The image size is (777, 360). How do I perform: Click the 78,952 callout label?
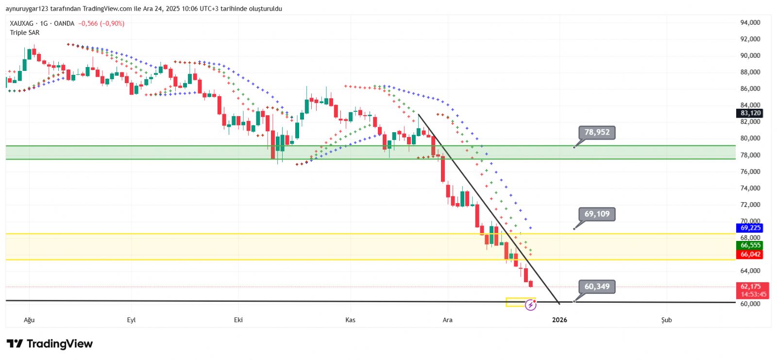[597, 132]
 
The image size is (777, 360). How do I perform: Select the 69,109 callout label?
[597, 214]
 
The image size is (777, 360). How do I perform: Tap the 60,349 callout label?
[597, 286]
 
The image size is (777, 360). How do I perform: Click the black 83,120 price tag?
[750, 113]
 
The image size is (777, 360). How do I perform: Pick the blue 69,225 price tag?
[750, 228]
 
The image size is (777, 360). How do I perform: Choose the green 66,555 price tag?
[750, 245]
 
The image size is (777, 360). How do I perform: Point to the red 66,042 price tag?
[750, 254]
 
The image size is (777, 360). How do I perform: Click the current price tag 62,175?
[750, 287]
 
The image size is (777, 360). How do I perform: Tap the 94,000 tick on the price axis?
[750, 22]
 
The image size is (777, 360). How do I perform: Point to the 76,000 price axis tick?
[750, 171]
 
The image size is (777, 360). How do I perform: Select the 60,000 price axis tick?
[750, 304]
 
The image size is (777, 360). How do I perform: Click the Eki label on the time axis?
[238, 320]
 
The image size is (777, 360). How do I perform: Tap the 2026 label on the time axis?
[559, 320]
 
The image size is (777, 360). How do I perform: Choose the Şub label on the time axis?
[666, 320]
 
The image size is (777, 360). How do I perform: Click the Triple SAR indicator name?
[25, 33]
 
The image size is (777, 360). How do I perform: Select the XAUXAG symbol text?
[22, 23]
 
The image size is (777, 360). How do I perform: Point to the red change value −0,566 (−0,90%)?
[101, 23]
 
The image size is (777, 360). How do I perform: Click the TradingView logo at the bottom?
[50, 344]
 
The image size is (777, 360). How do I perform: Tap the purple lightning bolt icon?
[530, 305]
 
